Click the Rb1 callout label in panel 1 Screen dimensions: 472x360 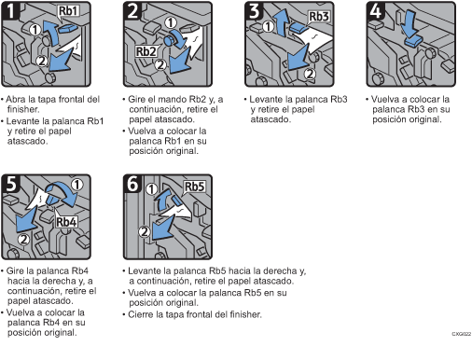(68, 11)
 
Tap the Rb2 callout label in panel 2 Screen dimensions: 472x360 (146, 51)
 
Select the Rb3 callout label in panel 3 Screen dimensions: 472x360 (318, 17)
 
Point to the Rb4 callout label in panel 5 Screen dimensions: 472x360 (66, 222)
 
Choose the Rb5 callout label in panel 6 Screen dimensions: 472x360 (194, 187)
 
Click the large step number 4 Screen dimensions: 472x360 (376, 10)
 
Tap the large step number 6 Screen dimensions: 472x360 (132, 183)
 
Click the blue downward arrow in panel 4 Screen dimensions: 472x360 (409, 24)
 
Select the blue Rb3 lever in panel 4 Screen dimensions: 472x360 (413, 42)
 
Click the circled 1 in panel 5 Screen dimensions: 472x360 (76, 185)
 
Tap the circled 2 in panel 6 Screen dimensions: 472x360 (144, 231)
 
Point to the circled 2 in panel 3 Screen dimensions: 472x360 (310, 74)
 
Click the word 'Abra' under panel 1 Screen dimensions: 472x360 (16, 100)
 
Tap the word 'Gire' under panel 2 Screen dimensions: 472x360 (136, 100)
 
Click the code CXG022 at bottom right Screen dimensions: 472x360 (462, 334)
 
